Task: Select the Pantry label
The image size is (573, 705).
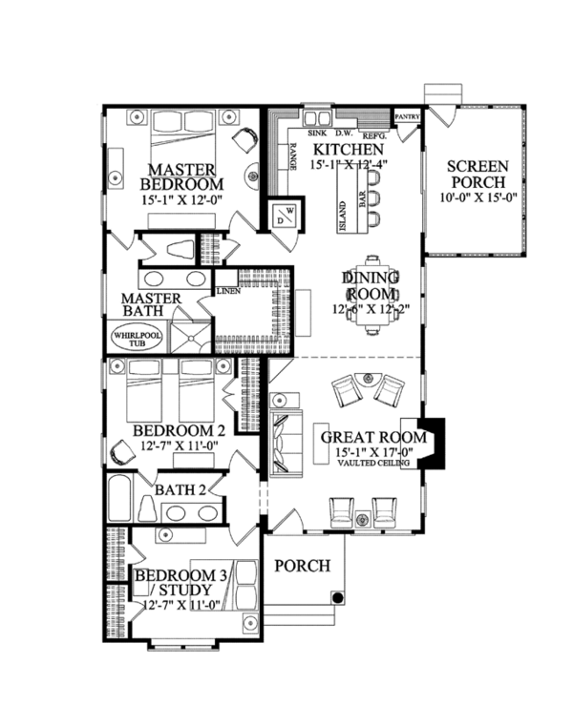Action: point(408,116)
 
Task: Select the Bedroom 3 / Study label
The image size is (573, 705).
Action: point(181,583)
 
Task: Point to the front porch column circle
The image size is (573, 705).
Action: point(337,598)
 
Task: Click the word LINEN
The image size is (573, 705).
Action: point(227,290)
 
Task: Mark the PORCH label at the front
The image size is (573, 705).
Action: point(303,566)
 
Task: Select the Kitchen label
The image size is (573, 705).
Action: point(350,151)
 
